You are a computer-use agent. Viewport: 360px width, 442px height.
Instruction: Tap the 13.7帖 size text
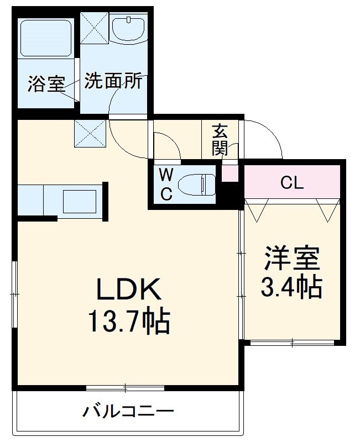pyautogui.click(x=129, y=321)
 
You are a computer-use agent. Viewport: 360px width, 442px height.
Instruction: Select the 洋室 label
pyautogui.click(x=291, y=258)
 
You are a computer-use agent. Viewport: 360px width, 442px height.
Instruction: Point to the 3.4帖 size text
pyautogui.click(x=291, y=286)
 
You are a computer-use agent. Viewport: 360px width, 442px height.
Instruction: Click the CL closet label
pyautogui.click(x=291, y=183)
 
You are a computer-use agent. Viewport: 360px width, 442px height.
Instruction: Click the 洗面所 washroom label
pyautogui.click(x=113, y=82)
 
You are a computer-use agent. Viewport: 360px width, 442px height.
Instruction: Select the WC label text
pyautogui.click(x=166, y=185)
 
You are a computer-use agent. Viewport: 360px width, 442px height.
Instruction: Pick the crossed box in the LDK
pyautogui.click(x=90, y=133)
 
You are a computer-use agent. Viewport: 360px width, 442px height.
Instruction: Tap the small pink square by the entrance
pyautogui.click(x=229, y=173)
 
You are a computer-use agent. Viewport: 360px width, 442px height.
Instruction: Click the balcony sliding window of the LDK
pyautogui.click(x=126, y=388)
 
